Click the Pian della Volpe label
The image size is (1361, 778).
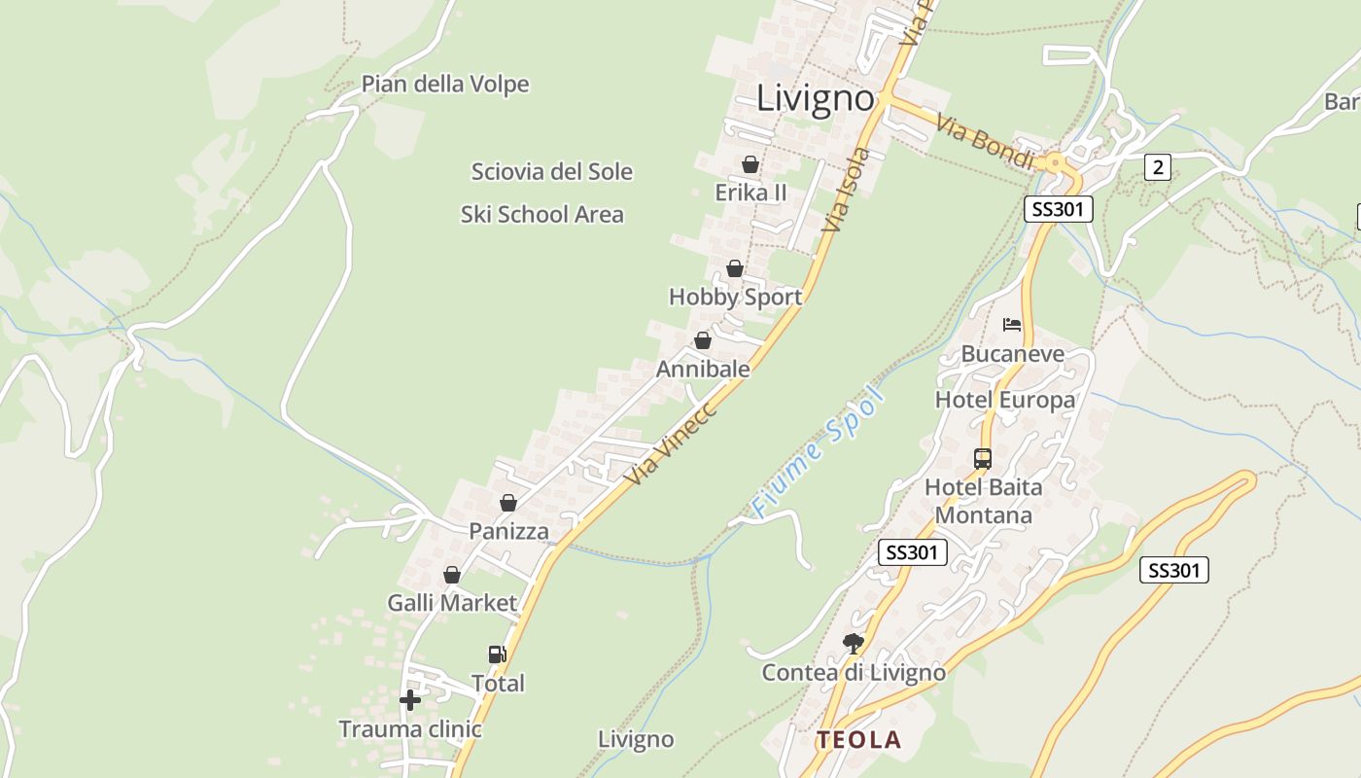coord(445,85)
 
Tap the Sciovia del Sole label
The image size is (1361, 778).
coord(551,172)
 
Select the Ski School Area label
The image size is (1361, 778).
coord(541,215)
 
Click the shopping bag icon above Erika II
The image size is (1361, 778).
coord(750,164)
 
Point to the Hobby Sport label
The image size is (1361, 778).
coord(735,298)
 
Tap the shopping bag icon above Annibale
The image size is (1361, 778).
coord(702,340)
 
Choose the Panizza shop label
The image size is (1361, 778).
coord(508,532)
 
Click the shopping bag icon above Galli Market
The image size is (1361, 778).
coord(451,575)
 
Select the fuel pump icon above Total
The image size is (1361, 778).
coord(497,654)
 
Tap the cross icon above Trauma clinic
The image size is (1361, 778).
coord(410,699)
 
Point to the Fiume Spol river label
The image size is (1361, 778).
coord(820,451)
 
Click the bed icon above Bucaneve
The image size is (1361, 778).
coord(1012,324)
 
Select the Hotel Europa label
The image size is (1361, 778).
coord(1004,400)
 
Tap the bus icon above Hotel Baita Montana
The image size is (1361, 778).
coord(982,458)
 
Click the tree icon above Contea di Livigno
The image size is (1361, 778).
coord(853,643)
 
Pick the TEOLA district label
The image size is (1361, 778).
coord(858,740)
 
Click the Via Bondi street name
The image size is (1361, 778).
coord(984,142)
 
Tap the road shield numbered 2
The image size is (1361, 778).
coord(1156,167)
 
